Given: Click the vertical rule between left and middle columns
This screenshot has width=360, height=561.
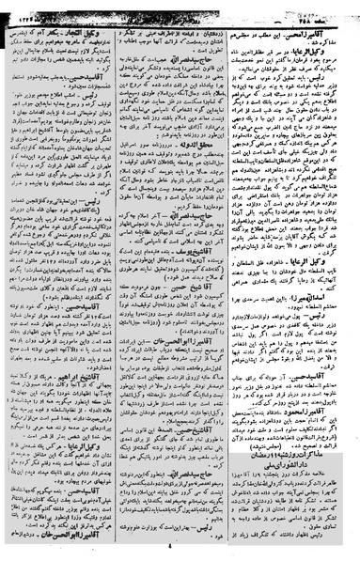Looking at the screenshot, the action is [x=123, y=282].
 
